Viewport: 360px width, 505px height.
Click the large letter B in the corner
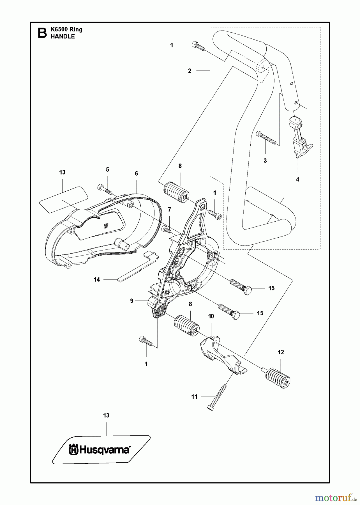coord(42,33)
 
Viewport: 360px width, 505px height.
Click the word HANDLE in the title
coord(63,36)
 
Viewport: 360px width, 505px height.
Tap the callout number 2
coord(190,71)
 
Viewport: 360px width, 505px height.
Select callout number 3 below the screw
coord(265,161)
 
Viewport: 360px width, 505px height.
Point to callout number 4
coord(297,179)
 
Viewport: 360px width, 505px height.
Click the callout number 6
coord(136,173)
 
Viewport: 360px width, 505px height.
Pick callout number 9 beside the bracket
coord(132,301)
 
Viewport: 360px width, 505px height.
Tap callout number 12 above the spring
coord(281,352)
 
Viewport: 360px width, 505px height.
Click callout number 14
coord(97,280)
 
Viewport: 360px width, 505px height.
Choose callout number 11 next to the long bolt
coord(194,397)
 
